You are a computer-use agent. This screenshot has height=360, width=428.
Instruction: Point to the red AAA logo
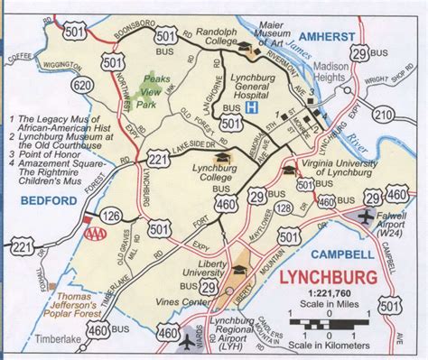point(93,231)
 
